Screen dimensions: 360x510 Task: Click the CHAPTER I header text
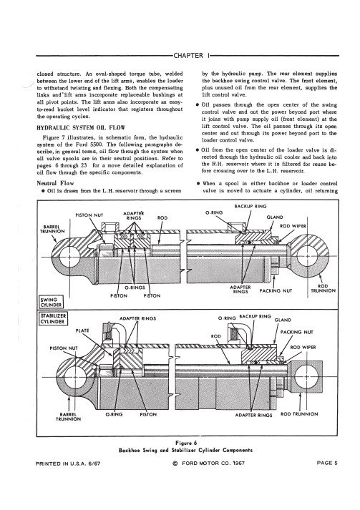[191, 56]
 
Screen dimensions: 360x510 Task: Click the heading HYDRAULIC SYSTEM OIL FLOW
[81, 127]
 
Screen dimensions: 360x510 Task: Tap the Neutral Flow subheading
[55, 183]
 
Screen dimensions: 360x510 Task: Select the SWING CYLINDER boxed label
[51, 302]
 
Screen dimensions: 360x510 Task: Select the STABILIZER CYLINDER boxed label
[52, 319]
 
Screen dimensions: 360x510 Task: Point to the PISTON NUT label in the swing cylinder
[89, 215]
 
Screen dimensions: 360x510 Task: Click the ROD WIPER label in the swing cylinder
[293, 226]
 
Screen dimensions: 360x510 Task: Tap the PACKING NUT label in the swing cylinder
[276, 291]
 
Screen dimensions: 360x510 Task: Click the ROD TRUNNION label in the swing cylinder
[323, 288]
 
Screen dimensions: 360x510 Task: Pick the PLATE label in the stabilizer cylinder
[82, 330]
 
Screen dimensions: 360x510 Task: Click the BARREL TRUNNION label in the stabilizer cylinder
[69, 417]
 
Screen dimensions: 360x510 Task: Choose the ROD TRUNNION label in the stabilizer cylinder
[299, 414]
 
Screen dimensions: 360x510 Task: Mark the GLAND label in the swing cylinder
[275, 217]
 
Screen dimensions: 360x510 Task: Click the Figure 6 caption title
[186, 443]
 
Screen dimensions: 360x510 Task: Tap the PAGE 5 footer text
[327, 463]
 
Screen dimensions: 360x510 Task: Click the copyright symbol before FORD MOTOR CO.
[175, 464]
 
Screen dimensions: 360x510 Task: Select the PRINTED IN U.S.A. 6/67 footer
[68, 464]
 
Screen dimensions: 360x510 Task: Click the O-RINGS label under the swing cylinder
[135, 288]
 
